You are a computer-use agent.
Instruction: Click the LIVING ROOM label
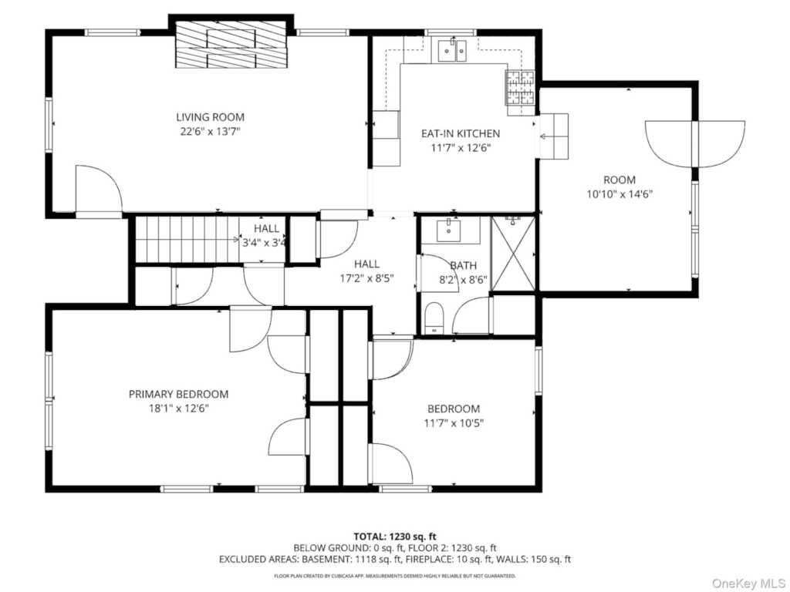point(210,117)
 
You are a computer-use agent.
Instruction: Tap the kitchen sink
point(452,51)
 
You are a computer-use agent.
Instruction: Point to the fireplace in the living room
point(231,44)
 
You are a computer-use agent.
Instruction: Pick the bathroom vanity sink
point(448,230)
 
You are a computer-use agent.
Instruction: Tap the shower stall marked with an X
point(513,253)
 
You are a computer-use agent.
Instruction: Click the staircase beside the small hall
point(187,239)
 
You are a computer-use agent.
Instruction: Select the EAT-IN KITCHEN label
point(461,134)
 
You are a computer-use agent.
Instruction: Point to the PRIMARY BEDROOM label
point(178,394)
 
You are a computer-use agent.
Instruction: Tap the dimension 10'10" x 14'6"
point(620,194)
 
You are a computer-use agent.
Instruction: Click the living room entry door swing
point(99,190)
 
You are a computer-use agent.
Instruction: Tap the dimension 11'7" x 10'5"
point(454,423)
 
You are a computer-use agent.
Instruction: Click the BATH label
point(463,266)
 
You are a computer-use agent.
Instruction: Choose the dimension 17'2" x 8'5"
point(366,278)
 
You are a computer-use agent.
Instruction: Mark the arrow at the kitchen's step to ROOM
point(549,136)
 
